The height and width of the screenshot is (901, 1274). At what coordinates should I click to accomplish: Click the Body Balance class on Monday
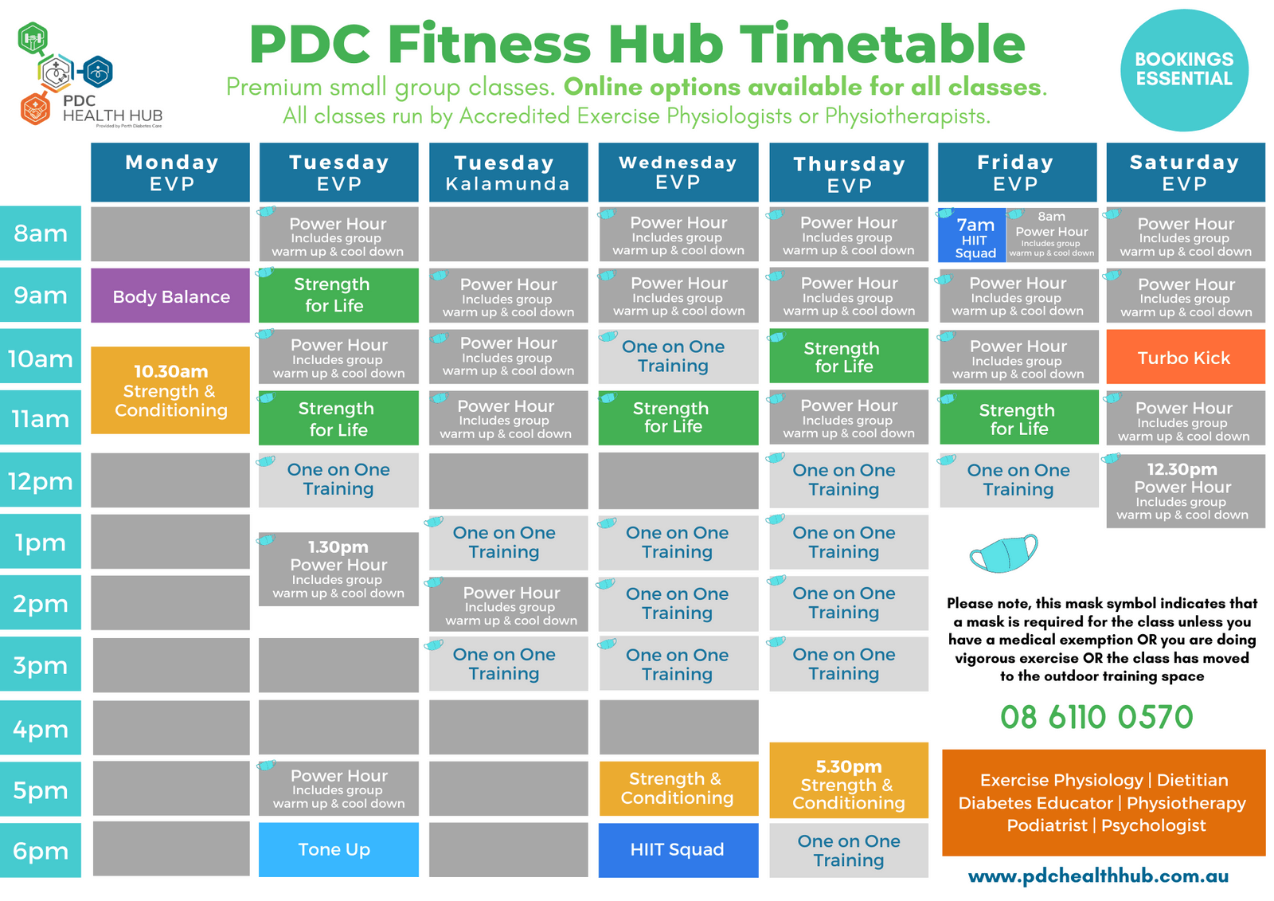click(x=170, y=296)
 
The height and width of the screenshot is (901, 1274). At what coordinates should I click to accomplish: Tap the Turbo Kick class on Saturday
click(x=1185, y=358)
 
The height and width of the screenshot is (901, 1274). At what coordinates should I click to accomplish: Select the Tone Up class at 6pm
click(x=338, y=849)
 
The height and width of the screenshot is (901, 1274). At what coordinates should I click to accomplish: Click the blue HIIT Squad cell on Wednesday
click(x=678, y=849)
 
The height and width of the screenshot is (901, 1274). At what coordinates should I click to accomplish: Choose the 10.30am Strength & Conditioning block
click(x=170, y=390)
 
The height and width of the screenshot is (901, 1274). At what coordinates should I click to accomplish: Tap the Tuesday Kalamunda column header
click(x=508, y=173)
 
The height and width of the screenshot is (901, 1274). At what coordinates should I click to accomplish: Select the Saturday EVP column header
click(x=1185, y=173)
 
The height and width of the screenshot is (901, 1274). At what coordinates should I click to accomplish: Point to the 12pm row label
click(x=41, y=481)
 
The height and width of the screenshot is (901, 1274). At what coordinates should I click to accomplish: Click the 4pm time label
click(x=41, y=729)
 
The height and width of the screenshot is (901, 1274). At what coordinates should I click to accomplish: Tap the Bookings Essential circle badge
click(x=1184, y=69)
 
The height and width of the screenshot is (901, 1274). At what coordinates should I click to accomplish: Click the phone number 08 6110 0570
click(x=1096, y=717)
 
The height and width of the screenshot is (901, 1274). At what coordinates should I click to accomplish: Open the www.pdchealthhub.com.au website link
click(x=1098, y=876)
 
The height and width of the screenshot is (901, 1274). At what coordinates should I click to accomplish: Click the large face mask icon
click(x=1003, y=553)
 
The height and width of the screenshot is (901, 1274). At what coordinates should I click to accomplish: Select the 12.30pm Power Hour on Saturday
click(x=1185, y=491)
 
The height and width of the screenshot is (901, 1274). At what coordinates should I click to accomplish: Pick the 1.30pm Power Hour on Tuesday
click(x=338, y=569)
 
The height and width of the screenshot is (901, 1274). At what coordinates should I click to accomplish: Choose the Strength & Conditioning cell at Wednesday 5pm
click(x=678, y=789)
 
